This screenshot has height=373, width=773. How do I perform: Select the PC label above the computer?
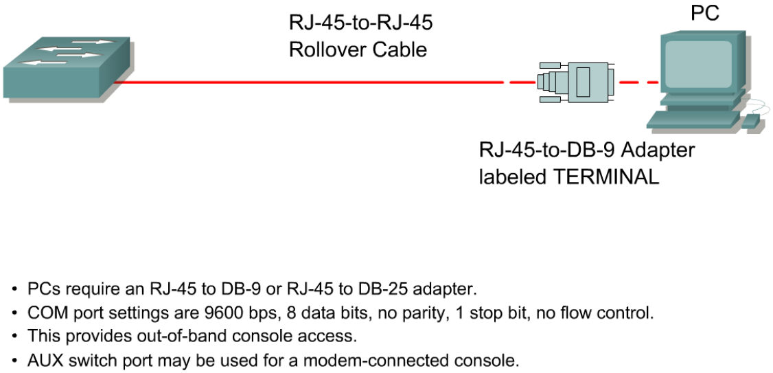coord(705,13)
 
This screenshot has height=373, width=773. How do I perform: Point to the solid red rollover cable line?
coord(309,82)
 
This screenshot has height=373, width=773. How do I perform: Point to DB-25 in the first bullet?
coord(396,289)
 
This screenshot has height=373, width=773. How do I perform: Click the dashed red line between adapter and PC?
coord(639,82)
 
